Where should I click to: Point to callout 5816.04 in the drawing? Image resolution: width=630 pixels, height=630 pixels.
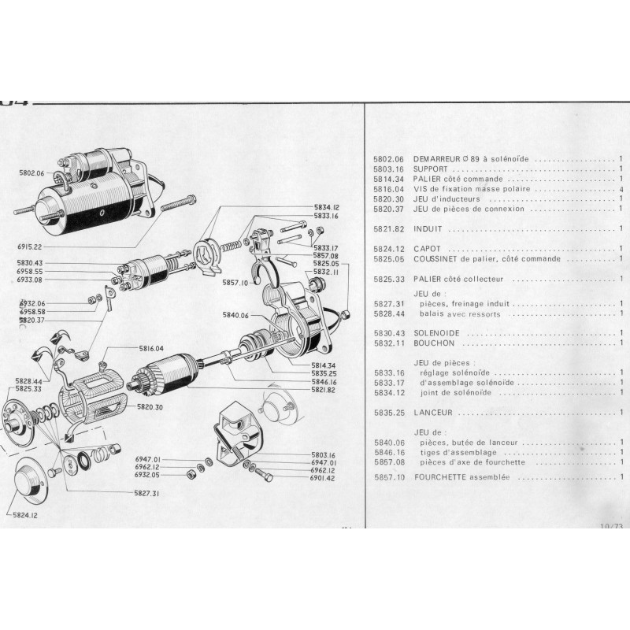[x=147, y=347]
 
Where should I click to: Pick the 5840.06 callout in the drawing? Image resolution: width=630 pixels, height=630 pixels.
[x=235, y=315]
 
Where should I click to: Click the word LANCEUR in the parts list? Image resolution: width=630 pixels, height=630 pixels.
[x=432, y=412]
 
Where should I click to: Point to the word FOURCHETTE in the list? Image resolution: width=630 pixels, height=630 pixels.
[x=442, y=477]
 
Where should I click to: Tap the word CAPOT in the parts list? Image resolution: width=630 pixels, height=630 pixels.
[x=425, y=249]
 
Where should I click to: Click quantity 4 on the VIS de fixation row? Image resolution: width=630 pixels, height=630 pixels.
[x=621, y=189]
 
